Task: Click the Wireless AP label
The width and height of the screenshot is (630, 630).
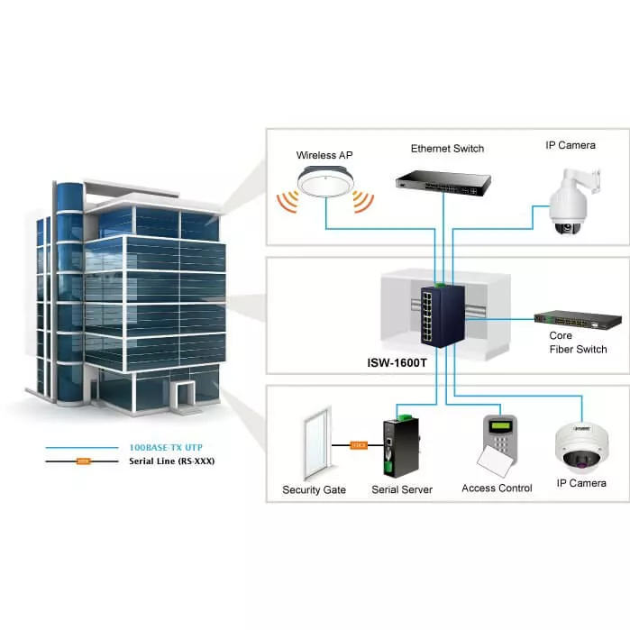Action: click(325, 155)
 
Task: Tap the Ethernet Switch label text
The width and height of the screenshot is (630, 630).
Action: click(447, 149)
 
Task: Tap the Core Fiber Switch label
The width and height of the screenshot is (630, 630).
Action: click(578, 342)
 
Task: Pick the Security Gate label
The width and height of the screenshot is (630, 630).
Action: click(314, 490)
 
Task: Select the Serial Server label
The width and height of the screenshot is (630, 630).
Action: click(402, 490)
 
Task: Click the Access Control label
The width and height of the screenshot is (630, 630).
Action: click(497, 488)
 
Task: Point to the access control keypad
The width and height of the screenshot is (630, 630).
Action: click(500, 441)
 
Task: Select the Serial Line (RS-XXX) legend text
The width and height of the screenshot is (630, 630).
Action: click(172, 461)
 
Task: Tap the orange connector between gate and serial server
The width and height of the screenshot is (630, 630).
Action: click(358, 444)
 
